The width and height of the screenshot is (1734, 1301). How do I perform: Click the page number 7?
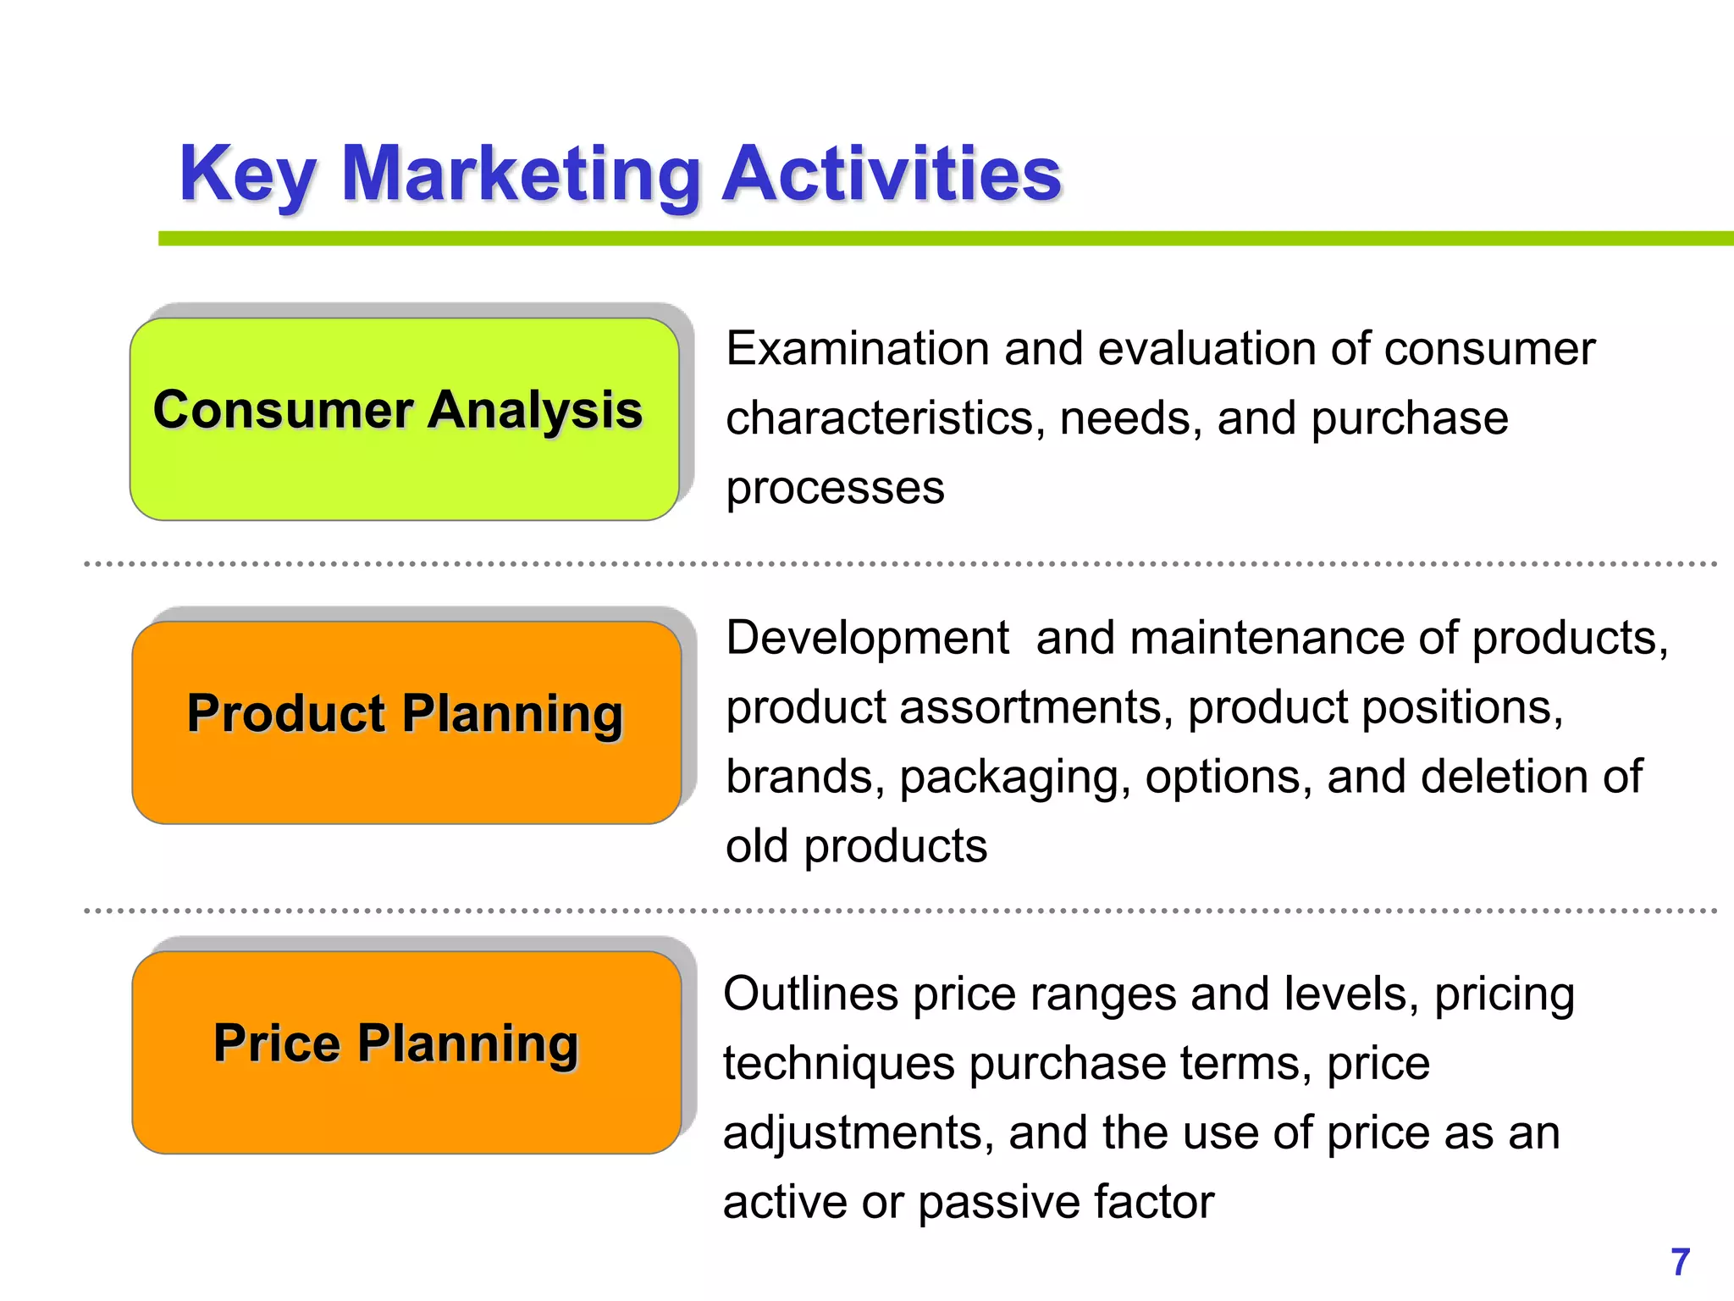pos(1680,1262)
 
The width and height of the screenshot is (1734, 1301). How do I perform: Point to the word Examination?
pos(857,349)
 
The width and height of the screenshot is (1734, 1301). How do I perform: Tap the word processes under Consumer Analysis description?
pos(835,489)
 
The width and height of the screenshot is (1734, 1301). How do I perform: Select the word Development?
pos(867,638)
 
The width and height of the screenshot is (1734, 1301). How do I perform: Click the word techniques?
pos(838,1064)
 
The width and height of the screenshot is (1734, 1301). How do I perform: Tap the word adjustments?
pos(858,1134)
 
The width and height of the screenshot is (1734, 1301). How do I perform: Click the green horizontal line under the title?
pos(931,239)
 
